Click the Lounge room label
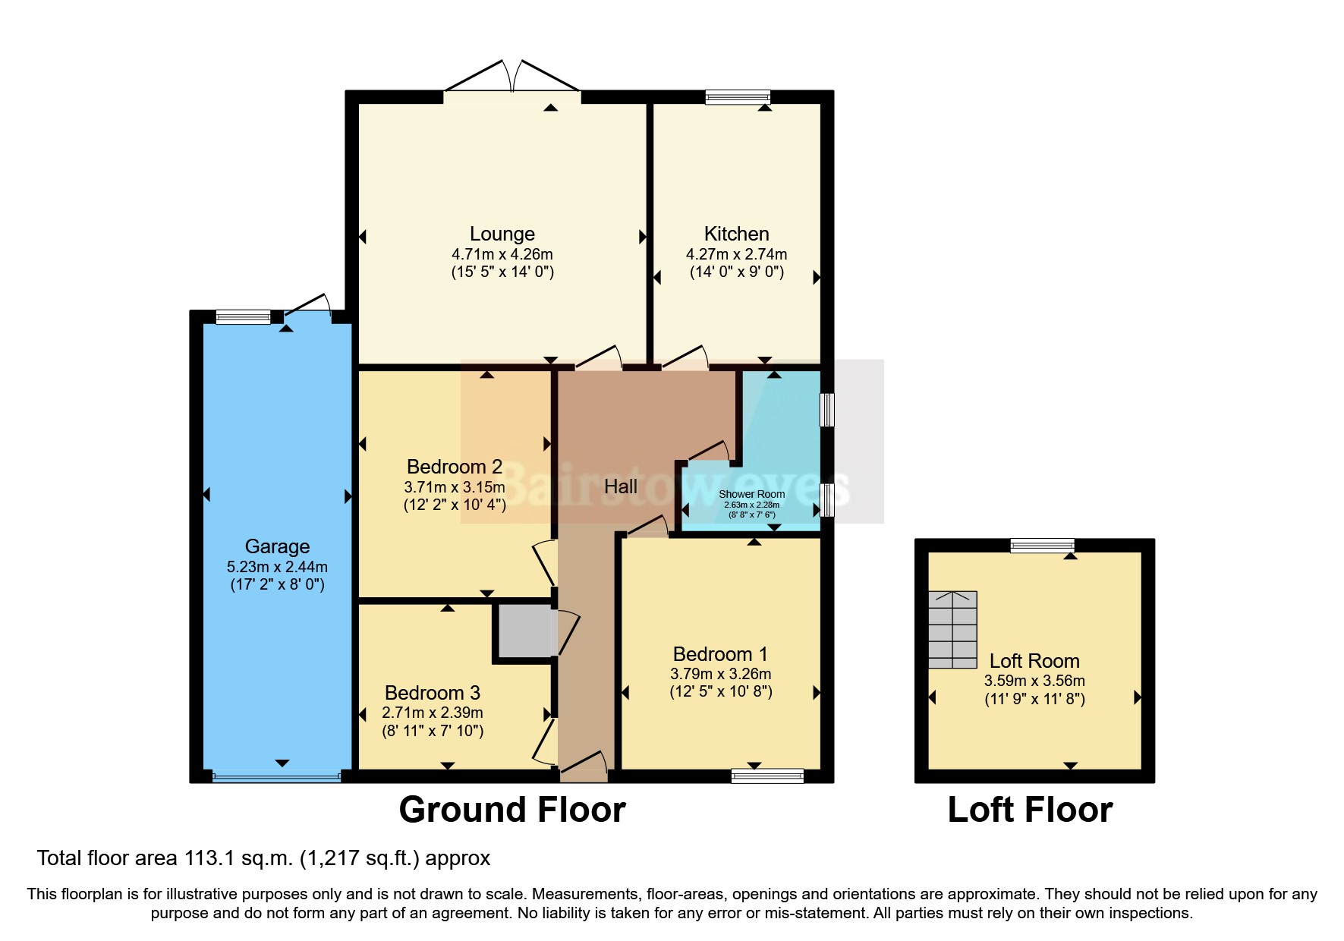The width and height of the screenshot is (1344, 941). coord(502,234)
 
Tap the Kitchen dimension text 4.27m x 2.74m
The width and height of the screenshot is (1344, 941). coord(736,254)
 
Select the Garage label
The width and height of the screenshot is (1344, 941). coord(277,546)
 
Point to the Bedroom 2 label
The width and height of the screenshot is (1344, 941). coord(454,467)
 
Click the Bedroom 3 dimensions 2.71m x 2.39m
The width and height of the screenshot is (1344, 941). coord(432,713)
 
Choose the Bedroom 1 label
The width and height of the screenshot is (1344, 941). coord(719,654)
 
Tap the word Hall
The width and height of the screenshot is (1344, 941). coord(620,486)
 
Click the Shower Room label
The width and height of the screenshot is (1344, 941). coord(751,494)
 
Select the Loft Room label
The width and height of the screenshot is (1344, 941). coord(1034,661)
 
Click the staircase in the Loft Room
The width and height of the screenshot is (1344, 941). coord(952,630)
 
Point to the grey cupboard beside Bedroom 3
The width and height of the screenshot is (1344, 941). coord(524,631)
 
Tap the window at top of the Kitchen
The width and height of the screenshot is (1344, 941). coord(737,96)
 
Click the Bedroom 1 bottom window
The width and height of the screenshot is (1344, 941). coord(766,776)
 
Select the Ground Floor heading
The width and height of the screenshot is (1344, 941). coord(512,810)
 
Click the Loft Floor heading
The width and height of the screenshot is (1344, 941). coord(1030,810)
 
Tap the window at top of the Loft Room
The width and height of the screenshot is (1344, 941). coord(1042,545)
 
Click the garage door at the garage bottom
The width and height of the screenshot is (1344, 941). coord(276,777)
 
